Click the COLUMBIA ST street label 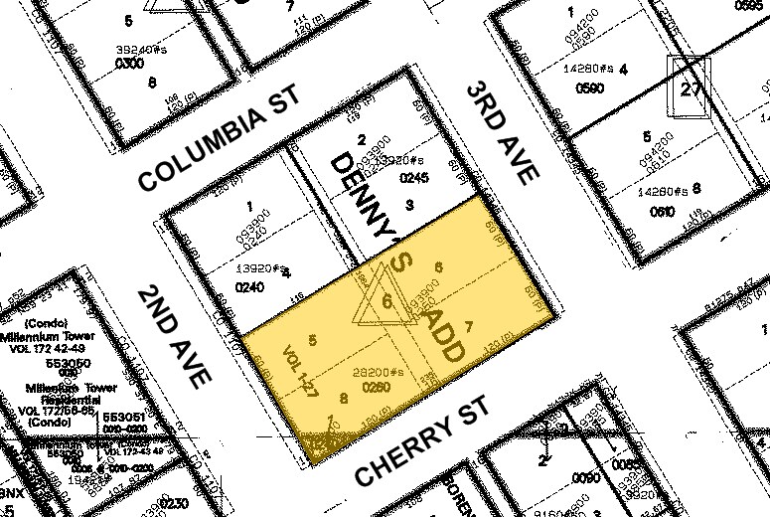[219, 149]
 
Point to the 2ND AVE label [175, 336]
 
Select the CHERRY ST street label [423, 436]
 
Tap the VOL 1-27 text [297, 371]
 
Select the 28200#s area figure [377, 371]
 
